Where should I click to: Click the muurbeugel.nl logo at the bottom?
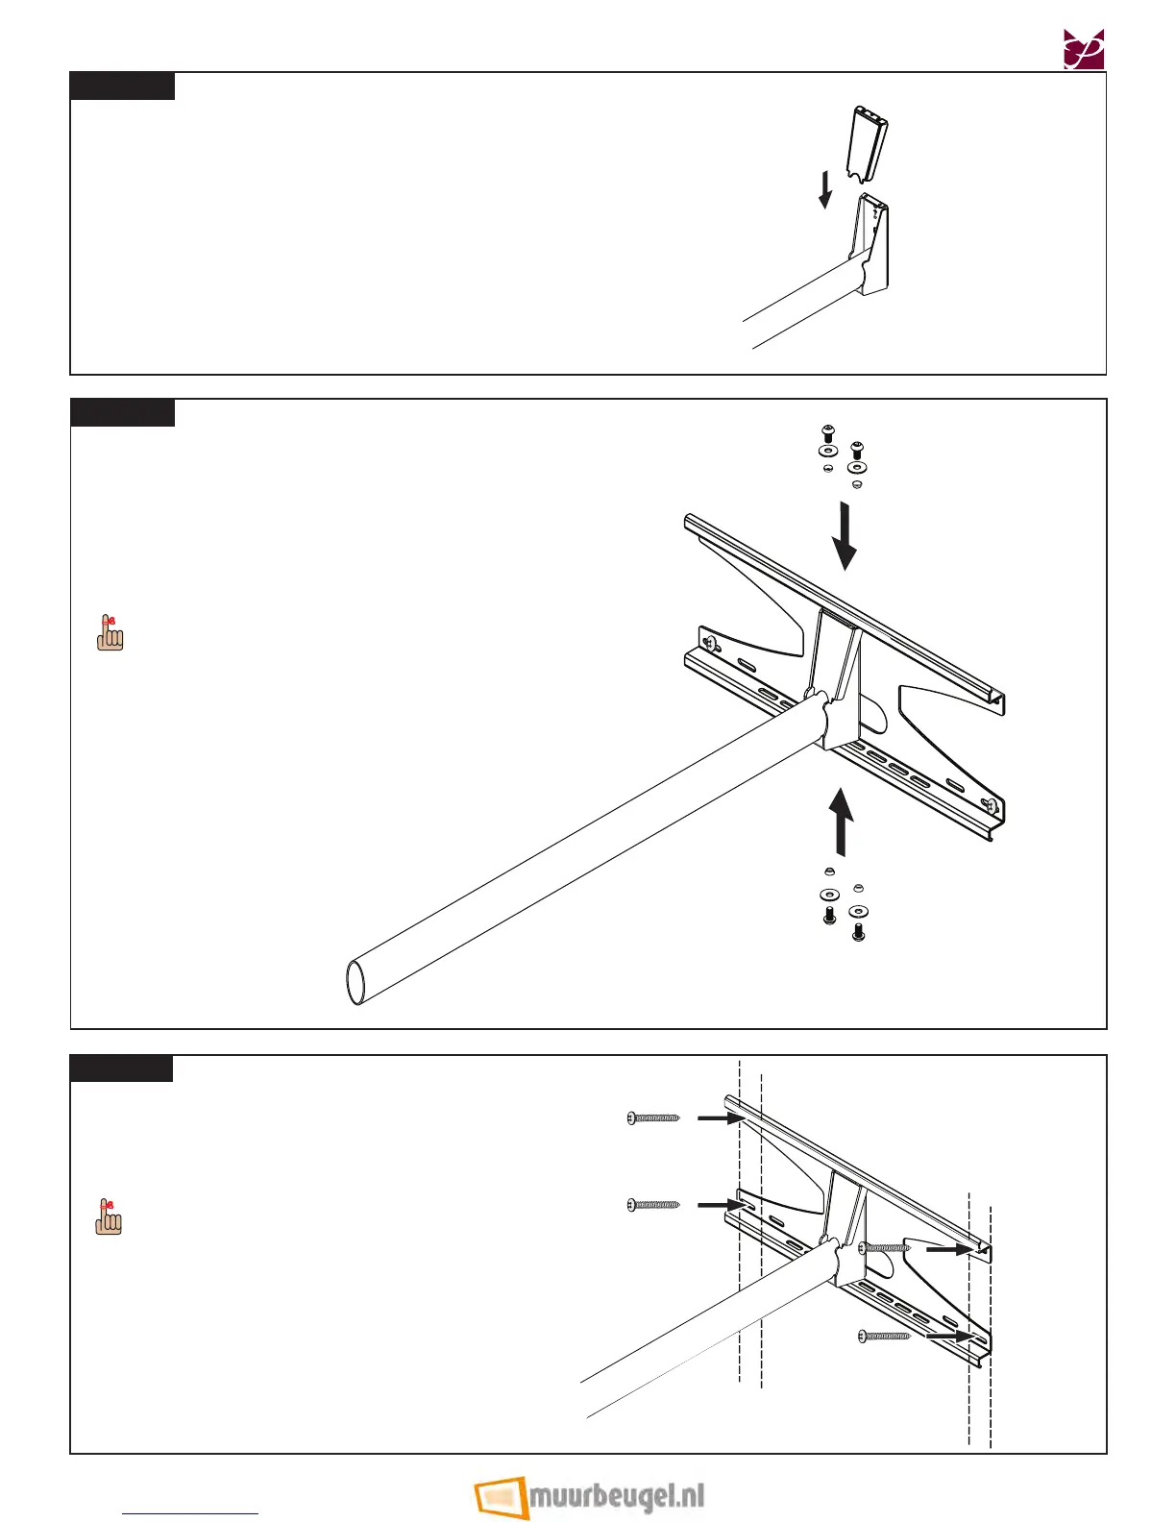coord(590,1496)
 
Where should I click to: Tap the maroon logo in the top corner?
coord(1083,49)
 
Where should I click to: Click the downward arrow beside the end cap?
coord(824,188)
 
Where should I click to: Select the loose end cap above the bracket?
coord(868,147)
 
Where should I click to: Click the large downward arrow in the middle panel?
coord(845,536)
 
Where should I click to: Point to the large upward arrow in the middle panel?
coord(842,822)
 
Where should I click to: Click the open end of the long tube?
coord(355,981)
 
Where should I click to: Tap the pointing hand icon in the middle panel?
coord(110,633)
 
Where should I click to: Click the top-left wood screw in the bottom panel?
coord(653,1117)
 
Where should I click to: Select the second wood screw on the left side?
coord(653,1204)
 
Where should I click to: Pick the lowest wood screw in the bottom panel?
coord(884,1335)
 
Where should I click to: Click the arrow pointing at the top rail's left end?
coord(717,1118)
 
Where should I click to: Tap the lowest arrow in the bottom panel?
coord(951,1335)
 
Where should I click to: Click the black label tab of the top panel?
coord(122,86)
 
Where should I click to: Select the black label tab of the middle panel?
coord(122,413)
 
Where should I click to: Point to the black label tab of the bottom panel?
coord(121,1068)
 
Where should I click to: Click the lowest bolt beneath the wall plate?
coord(859,931)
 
